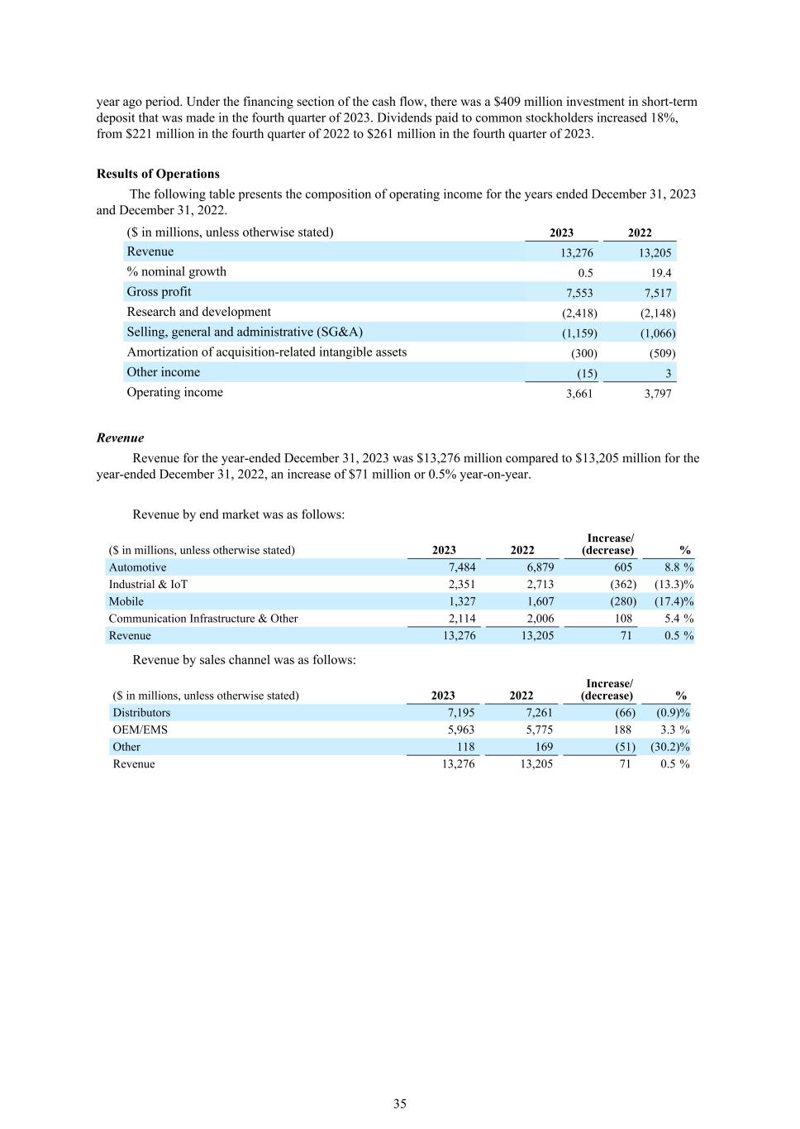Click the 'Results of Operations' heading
(x=158, y=174)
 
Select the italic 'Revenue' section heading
(x=120, y=438)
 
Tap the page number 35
(x=400, y=1103)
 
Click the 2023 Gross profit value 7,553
(x=579, y=293)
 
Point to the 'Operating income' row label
(x=174, y=392)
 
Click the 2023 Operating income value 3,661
(x=579, y=394)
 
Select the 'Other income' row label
(x=163, y=372)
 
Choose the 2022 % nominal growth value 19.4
(x=660, y=273)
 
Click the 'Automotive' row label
(x=137, y=567)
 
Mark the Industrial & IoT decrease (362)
(x=622, y=585)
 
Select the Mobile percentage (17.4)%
(x=674, y=601)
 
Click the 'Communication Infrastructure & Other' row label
(x=203, y=619)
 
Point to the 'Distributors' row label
(x=141, y=713)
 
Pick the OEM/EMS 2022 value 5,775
(x=539, y=730)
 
